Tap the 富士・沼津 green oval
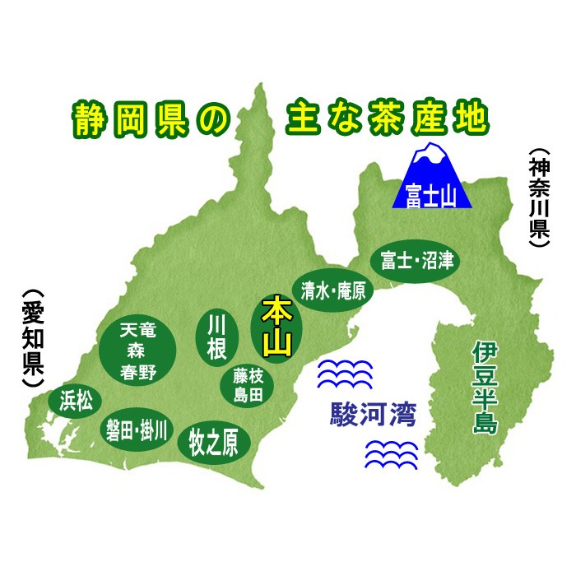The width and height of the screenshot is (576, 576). click(x=415, y=261)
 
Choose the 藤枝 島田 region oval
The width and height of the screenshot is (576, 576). click(x=247, y=384)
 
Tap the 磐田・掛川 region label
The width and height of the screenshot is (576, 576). click(x=136, y=429)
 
